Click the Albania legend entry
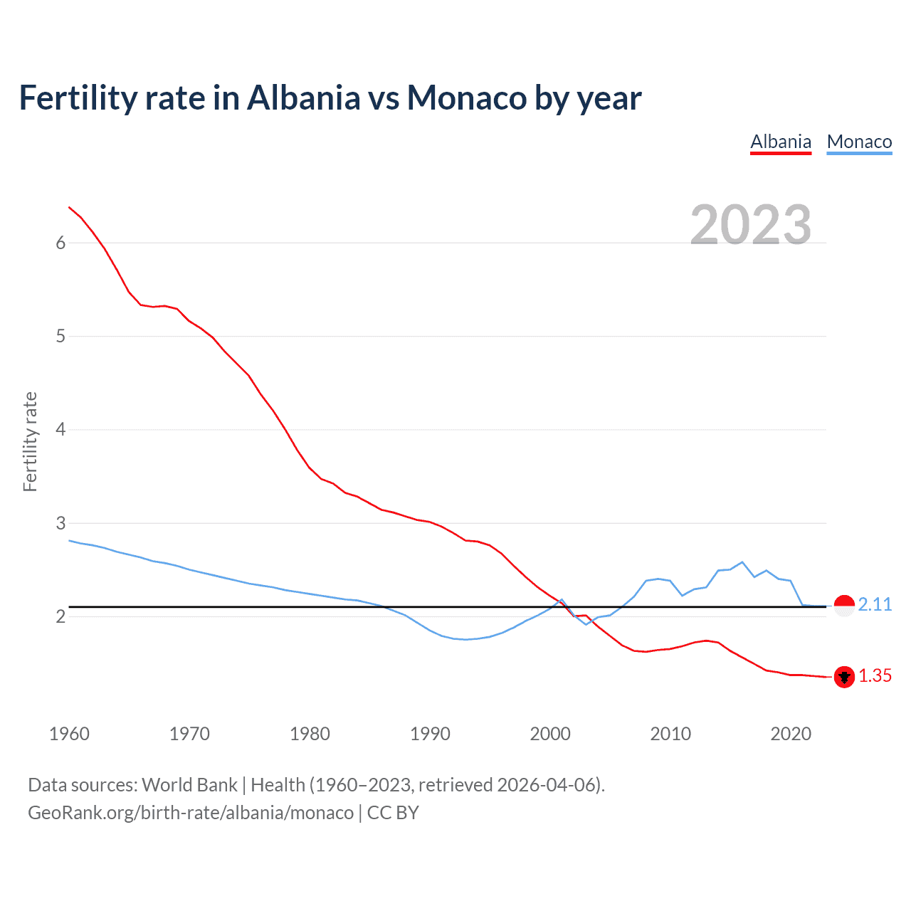click(781, 142)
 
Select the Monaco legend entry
click(859, 142)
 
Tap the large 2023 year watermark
click(751, 225)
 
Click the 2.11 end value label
click(875, 604)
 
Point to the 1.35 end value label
click(875, 675)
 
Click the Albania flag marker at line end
click(844, 677)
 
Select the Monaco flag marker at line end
click(844, 606)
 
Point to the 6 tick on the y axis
click(60, 243)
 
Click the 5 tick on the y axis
click(60, 336)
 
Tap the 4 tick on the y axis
click(60, 429)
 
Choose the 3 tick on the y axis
click(60, 523)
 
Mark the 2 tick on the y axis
click(60, 616)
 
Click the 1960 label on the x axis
click(69, 734)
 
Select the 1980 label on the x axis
click(310, 734)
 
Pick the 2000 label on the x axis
click(550, 734)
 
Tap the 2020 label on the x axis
click(791, 734)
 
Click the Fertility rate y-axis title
click(30, 441)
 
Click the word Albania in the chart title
click(304, 98)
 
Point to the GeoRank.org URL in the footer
click(191, 813)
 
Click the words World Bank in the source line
click(189, 785)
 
